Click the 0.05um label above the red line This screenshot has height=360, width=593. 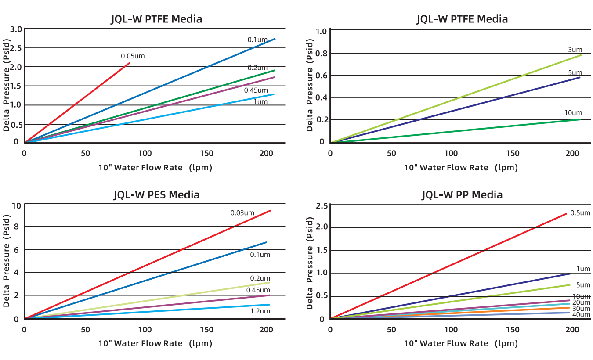click(x=133, y=56)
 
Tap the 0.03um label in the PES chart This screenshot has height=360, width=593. click(x=242, y=213)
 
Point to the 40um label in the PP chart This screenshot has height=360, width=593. click(x=581, y=315)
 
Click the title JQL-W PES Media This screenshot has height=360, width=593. click(x=156, y=194)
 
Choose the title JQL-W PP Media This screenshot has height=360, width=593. click(x=462, y=194)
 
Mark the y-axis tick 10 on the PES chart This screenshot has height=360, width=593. click(x=16, y=205)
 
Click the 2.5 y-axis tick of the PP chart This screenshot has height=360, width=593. click(x=322, y=205)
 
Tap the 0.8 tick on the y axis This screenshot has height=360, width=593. click(x=322, y=54)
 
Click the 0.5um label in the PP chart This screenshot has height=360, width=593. click(x=580, y=213)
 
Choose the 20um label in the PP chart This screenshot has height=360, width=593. click(x=581, y=302)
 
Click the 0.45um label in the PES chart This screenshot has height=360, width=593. click(x=258, y=290)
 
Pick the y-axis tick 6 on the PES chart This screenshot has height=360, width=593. click(x=16, y=249)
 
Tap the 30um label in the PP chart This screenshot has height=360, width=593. click(x=581, y=309)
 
